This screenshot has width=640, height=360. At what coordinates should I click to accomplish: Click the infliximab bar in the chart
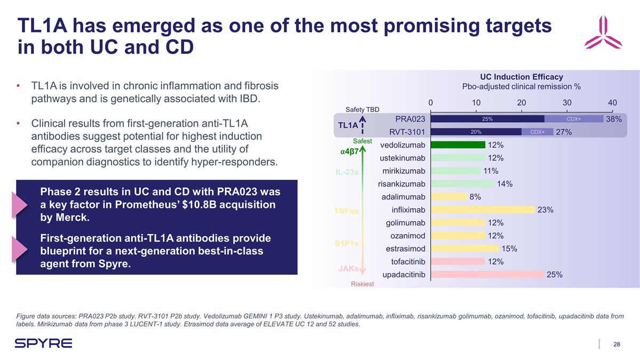pyautogui.click(x=482, y=210)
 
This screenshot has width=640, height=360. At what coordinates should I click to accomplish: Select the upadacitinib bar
pyautogui.click(x=487, y=274)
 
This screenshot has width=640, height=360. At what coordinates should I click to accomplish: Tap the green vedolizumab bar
pyautogui.click(x=458, y=145)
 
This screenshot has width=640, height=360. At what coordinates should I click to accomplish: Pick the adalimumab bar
pyautogui.click(x=448, y=197)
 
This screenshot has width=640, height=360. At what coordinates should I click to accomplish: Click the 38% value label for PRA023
pyautogui.click(x=613, y=119)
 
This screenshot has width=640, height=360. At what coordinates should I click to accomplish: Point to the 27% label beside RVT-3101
pyautogui.click(x=564, y=132)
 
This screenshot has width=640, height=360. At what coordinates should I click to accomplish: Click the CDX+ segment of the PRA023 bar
pyautogui.click(x=573, y=119)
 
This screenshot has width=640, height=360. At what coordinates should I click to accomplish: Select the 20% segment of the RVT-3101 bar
pyautogui.click(x=476, y=132)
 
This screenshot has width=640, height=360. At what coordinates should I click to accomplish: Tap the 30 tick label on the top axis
pyautogui.click(x=567, y=102)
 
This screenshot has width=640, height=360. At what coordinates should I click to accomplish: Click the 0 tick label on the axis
pyautogui.click(x=430, y=102)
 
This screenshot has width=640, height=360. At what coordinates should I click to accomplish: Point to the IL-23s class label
pyautogui.click(x=347, y=172)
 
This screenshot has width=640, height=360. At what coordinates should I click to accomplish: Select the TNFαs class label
pyautogui.click(x=346, y=211)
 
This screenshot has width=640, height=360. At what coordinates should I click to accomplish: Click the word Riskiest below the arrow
pyautogui.click(x=362, y=284)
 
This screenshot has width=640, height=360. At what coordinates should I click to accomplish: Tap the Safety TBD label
pyautogui.click(x=362, y=109)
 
